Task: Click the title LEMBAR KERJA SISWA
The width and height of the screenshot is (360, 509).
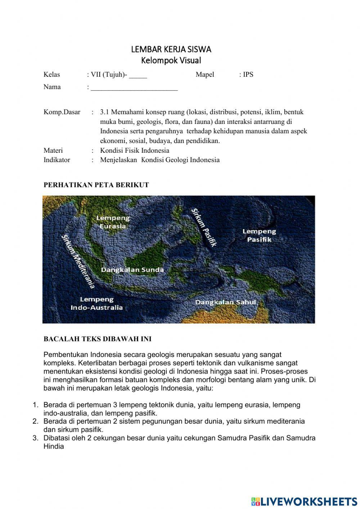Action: click(x=171, y=49)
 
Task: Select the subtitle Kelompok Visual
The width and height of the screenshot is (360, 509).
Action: click(x=171, y=61)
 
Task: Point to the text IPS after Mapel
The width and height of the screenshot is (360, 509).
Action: click(x=248, y=75)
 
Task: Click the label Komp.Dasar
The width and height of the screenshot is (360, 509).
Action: click(x=62, y=112)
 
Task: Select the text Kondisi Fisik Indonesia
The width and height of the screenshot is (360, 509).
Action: click(x=135, y=151)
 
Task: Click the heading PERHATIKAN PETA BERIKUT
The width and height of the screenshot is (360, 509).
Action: click(x=96, y=185)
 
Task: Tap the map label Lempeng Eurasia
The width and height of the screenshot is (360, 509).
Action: click(x=113, y=222)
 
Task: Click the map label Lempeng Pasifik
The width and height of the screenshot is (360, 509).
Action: click(x=259, y=235)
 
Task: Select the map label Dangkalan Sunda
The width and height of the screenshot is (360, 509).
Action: click(x=132, y=270)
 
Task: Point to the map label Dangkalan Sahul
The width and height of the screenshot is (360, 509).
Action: click(x=226, y=302)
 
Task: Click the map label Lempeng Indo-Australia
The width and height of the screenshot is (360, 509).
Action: click(x=96, y=303)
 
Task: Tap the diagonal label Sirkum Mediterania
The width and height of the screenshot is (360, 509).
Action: click(x=78, y=261)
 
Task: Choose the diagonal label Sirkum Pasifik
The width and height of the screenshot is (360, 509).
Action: click(x=204, y=227)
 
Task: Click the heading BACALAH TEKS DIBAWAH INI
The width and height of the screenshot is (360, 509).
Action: click(x=98, y=339)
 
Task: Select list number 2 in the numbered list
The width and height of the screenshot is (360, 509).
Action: click(x=35, y=421)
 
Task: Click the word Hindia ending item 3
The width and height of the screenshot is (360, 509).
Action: click(x=54, y=447)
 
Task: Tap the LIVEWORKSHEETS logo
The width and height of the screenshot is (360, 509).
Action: click(x=304, y=501)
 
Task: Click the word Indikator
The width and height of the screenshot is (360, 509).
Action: click(x=57, y=160)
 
